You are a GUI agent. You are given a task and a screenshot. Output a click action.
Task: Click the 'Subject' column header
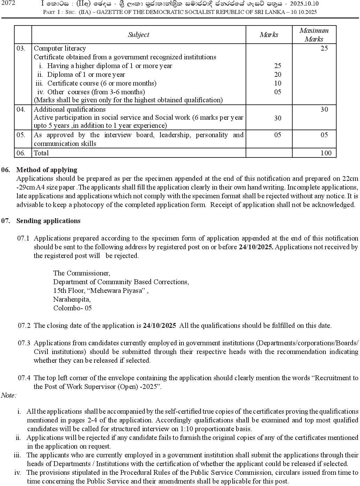[x=138, y=35]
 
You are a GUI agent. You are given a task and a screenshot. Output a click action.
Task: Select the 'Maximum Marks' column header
[x=314, y=35]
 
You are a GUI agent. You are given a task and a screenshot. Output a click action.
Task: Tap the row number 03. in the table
[x=21, y=49]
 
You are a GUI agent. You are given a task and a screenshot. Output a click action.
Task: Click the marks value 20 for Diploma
[x=278, y=74]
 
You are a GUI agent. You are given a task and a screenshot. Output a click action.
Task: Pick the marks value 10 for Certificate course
[x=278, y=83]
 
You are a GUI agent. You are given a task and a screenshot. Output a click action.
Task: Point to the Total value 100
[x=326, y=153]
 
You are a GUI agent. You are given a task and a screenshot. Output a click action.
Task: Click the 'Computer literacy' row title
[x=60, y=49]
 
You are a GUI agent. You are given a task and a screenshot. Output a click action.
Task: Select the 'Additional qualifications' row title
[x=69, y=109]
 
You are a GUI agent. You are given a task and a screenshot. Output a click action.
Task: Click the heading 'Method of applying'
[x=47, y=170]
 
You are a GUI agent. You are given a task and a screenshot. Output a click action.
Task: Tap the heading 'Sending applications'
[x=48, y=221]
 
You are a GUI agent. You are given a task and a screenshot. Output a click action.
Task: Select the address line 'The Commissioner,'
[x=82, y=273]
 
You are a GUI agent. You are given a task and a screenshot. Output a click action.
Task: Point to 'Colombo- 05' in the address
[x=72, y=308]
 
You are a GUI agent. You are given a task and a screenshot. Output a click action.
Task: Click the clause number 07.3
[x=24, y=343]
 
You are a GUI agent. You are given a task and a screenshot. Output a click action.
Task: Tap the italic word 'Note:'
[x=9, y=395]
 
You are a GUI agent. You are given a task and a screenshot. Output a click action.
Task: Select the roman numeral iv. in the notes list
[x=17, y=472]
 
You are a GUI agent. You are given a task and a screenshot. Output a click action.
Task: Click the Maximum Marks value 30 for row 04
[x=324, y=110]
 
